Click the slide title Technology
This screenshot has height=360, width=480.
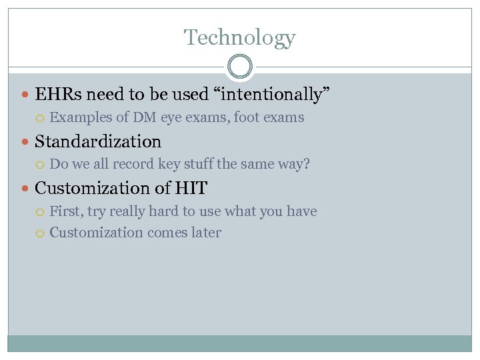pos(239,37)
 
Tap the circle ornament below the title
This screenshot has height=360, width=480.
pos(239,67)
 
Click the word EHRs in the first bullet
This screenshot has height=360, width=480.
pos(57,95)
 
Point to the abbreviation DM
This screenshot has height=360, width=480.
pos(145,118)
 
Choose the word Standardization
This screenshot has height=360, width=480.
pos(98,141)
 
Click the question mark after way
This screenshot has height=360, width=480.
pos(307,164)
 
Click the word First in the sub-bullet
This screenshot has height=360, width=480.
pos(64,211)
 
